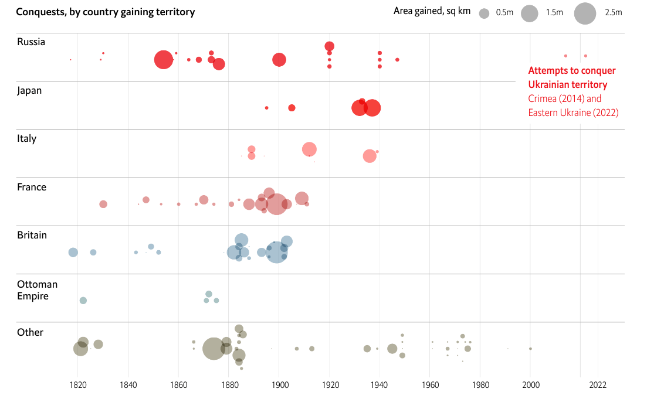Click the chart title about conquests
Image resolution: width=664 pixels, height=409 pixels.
click(x=106, y=12)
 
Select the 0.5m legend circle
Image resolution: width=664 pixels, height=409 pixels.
click(x=484, y=13)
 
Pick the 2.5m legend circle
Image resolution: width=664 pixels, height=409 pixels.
click(x=585, y=13)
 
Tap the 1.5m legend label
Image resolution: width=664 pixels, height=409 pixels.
click(x=554, y=12)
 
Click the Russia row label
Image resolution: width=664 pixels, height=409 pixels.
click(x=31, y=42)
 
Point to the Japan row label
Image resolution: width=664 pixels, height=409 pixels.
click(x=29, y=90)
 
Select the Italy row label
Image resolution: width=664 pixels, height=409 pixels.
click(x=27, y=138)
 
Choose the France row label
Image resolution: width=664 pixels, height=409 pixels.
click(x=32, y=187)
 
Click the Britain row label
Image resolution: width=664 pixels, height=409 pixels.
click(x=32, y=235)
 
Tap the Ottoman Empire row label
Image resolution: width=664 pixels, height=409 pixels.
click(x=37, y=290)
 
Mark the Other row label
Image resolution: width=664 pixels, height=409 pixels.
click(x=30, y=332)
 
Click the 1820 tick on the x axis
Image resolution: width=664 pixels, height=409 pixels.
click(x=78, y=385)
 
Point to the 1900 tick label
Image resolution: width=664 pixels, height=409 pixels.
click(x=279, y=385)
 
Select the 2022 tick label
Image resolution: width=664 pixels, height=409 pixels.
click(x=598, y=385)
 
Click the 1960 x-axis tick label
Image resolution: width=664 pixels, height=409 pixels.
click(x=430, y=385)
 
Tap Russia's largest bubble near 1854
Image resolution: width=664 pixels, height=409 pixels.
click(x=164, y=60)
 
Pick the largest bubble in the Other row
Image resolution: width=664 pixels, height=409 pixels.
click(x=214, y=349)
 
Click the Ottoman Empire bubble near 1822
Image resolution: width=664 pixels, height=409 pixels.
click(x=83, y=301)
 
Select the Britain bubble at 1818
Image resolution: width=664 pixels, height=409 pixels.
click(x=73, y=253)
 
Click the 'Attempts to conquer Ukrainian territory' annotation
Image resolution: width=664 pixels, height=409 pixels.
click(x=572, y=77)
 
